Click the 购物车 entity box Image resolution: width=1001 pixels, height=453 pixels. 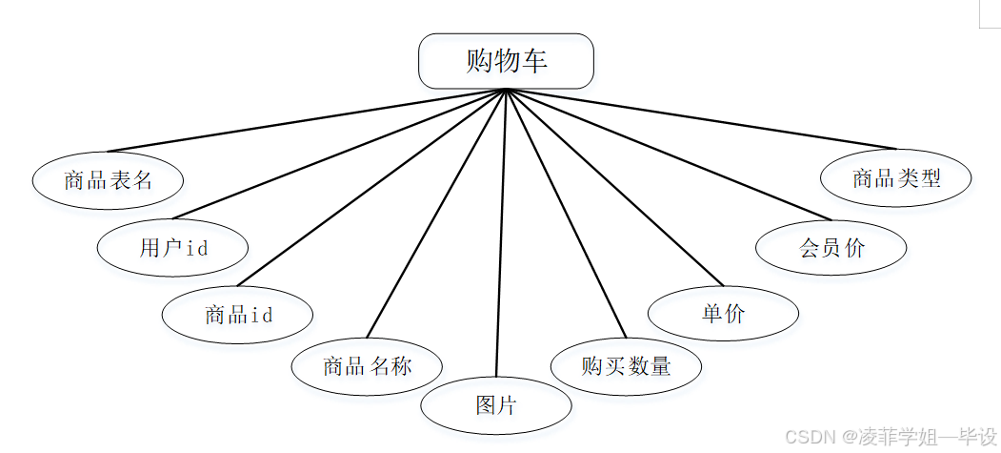click(506, 61)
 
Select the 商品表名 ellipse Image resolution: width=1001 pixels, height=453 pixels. click(108, 180)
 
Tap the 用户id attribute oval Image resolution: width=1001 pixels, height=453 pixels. click(172, 248)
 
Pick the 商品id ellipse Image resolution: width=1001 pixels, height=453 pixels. click(237, 314)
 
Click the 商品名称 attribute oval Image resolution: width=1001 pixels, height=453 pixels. click(367, 365)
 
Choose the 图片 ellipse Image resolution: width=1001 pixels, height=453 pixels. click(496, 404)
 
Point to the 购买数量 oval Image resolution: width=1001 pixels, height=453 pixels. click(626, 365)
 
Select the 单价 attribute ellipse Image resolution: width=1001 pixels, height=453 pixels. click(723, 313)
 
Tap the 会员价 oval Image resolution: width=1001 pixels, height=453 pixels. click(831, 248)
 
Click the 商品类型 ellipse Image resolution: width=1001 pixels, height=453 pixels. click(895, 177)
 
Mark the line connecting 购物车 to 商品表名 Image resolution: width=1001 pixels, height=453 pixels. click(307, 120)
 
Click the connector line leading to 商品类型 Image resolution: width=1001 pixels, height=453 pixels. click(701, 119)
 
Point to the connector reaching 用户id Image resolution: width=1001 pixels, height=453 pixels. click(339, 154)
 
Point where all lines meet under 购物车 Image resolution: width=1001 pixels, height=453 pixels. click(506, 90)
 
